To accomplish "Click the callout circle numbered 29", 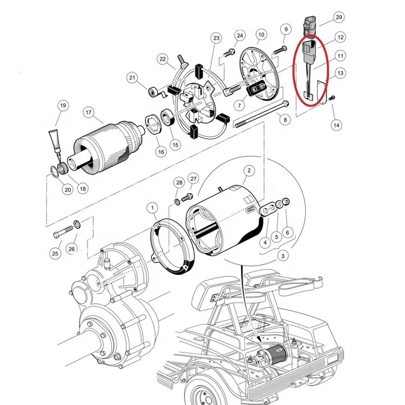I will (x=339, y=18).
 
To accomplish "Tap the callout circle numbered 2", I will (x=249, y=171).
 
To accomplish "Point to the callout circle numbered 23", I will (x=217, y=38).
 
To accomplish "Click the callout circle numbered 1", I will (x=153, y=207).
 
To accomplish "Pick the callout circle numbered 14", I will (x=336, y=125).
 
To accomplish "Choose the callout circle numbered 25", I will (x=55, y=252).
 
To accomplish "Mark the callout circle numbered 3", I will (x=282, y=255).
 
